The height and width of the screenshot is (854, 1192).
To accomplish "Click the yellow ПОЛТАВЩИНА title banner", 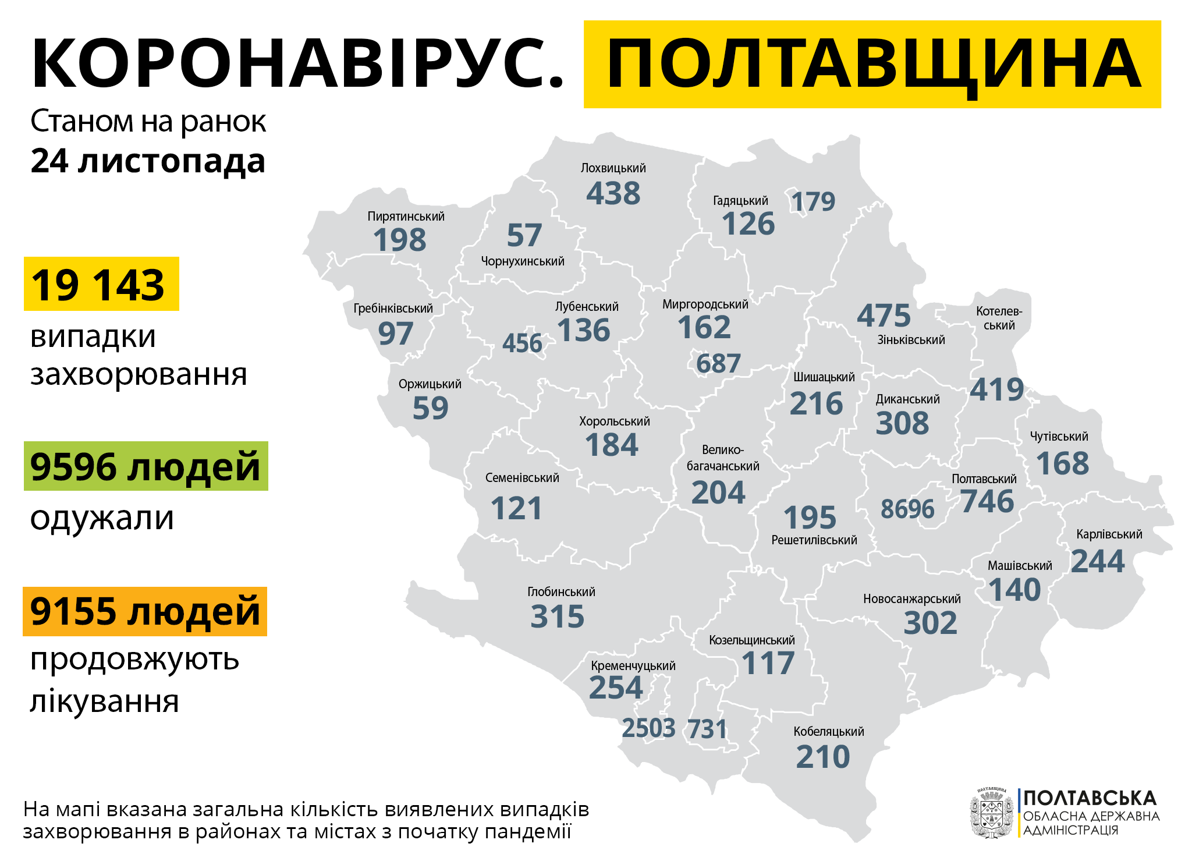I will [x=872, y=64].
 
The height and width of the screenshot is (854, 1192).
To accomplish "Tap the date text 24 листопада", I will [x=148, y=161].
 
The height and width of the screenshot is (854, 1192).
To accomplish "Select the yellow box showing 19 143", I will [x=101, y=284].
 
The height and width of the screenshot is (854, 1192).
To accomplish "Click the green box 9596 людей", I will [x=146, y=466].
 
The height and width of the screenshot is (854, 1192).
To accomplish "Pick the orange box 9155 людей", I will [x=145, y=611].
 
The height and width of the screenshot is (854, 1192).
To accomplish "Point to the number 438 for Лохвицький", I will [x=613, y=193].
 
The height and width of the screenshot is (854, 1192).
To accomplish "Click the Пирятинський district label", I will [x=406, y=217].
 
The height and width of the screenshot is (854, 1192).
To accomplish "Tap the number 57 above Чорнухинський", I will [x=524, y=235].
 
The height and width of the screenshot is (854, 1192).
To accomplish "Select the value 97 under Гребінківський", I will [x=395, y=334].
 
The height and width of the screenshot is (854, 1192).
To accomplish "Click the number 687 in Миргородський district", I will [x=718, y=364].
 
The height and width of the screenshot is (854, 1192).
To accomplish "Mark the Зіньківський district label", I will [x=911, y=340].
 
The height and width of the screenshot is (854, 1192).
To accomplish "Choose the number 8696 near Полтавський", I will [x=907, y=509].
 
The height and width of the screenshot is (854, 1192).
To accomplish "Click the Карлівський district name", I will [x=1109, y=534].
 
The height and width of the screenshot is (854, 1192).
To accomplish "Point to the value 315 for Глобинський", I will [x=557, y=616].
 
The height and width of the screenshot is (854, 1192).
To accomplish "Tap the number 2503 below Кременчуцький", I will [x=648, y=728].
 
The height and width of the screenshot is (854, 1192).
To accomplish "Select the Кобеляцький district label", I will [x=828, y=732].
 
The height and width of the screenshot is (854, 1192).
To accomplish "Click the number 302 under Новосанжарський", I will [x=930, y=623].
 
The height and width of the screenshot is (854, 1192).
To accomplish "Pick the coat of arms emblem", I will [x=991, y=813].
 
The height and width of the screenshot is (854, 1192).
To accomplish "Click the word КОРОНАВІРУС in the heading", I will [x=297, y=64].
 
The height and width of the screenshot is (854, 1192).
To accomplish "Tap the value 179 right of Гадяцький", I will [x=813, y=202].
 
